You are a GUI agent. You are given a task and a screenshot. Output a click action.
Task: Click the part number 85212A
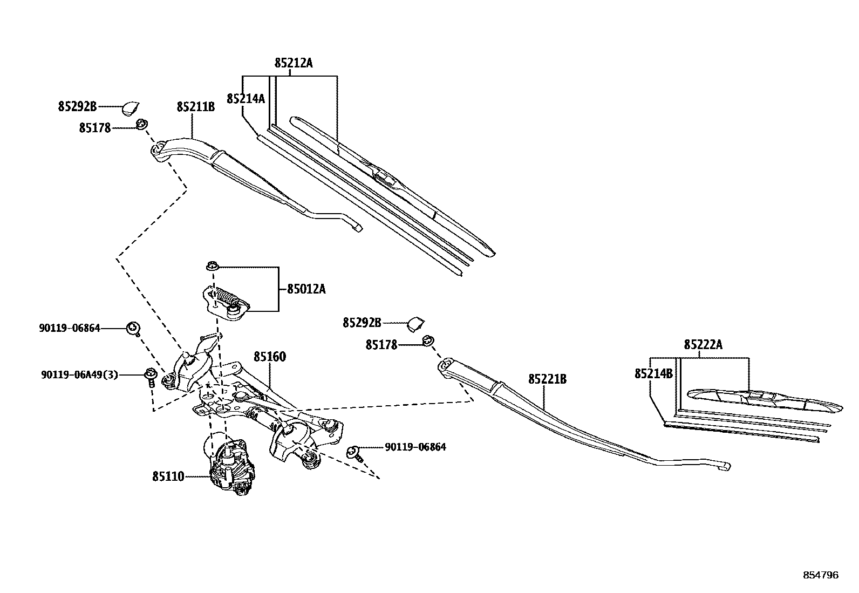click(293, 63)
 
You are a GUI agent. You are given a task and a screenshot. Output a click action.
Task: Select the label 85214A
click(246, 99)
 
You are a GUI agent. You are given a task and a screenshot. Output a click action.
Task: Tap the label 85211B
click(195, 107)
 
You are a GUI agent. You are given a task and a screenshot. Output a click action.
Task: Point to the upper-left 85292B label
click(77, 107)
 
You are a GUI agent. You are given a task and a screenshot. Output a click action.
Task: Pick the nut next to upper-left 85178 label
click(142, 125)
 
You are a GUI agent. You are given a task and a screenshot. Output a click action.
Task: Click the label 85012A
click(306, 289)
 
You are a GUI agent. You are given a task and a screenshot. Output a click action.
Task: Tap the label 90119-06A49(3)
click(79, 374)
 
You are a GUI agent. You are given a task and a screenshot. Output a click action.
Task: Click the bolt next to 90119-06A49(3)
click(150, 376)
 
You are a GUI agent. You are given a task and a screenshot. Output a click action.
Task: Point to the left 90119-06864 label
click(70, 328)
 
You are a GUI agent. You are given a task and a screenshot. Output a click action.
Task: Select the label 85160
click(270, 357)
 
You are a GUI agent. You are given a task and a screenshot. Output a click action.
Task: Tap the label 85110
click(168, 476)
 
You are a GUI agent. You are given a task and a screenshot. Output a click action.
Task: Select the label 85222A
click(703, 345)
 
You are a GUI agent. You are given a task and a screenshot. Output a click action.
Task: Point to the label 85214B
click(653, 373)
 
